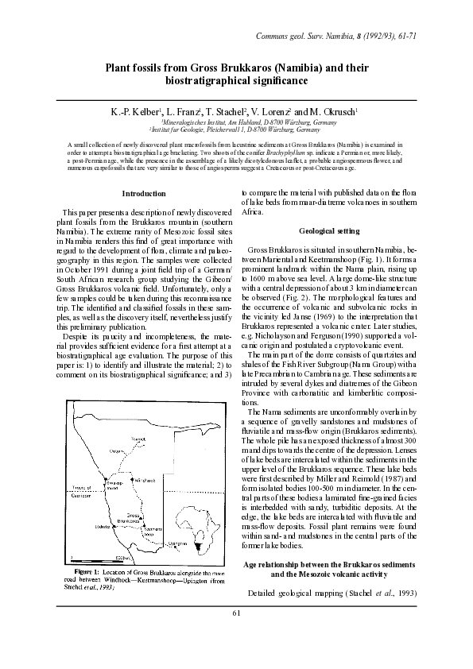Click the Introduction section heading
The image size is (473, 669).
pyautogui.click(x=144, y=194)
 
